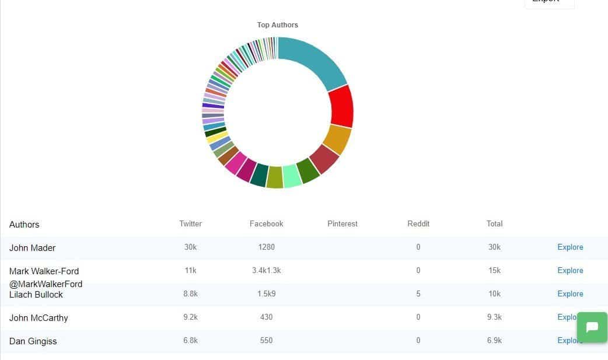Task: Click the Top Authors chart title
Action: [277, 25]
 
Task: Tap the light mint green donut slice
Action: [292, 176]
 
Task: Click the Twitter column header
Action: [190, 223]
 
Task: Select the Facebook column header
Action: [266, 223]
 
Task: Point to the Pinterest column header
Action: [343, 223]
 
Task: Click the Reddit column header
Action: [418, 223]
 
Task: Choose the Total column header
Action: [494, 223]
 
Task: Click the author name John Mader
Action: [32, 248]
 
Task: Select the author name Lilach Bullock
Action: [36, 295]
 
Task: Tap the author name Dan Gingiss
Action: [33, 341]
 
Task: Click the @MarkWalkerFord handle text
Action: [46, 284]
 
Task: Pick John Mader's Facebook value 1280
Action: [266, 247]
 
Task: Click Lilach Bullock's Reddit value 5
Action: [418, 293]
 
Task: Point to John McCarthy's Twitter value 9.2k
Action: [190, 317]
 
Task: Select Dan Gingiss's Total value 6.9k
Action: [494, 340]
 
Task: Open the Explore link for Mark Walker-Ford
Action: [570, 270]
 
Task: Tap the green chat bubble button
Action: [592, 327]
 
